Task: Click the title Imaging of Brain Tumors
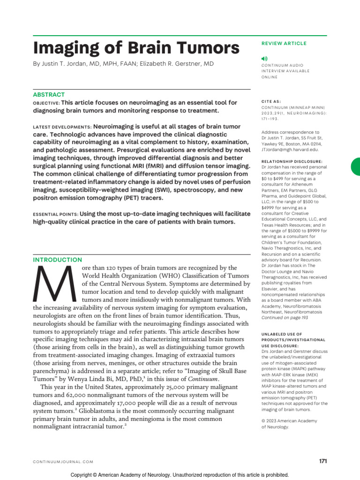click(136, 48)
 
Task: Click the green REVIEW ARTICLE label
click(284, 44)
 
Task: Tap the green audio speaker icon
click(263, 58)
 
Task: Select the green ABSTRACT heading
click(49, 94)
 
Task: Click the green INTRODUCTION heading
click(57, 260)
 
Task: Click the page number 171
click(323, 461)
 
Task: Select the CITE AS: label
click(272, 101)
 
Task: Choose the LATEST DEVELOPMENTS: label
click(62, 127)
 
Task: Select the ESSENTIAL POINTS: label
click(55, 214)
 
